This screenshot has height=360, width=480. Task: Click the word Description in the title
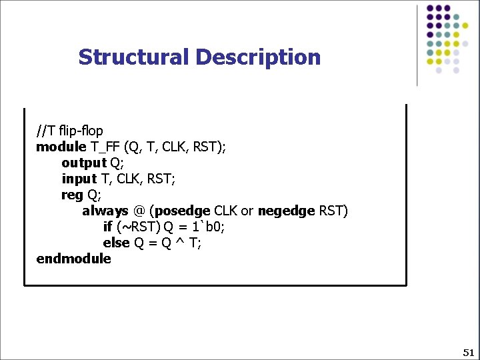click(x=258, y=57)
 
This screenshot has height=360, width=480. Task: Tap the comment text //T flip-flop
click(x=70, y=130)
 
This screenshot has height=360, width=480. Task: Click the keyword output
click(x=84, y=163)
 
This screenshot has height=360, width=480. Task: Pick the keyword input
click(x=79, y=179)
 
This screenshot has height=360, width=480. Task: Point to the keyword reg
click(x=72, y=195)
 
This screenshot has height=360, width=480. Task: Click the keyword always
click(x=105, y=211)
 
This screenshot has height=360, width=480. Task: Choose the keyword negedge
click(x=286, y=211)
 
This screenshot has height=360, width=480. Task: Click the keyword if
click(x=107, y=227)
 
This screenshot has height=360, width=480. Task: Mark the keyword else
click(x=116, y=243)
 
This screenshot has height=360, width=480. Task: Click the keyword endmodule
click(x=74, y=259)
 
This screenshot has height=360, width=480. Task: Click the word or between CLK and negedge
click(x=247, y=211)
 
